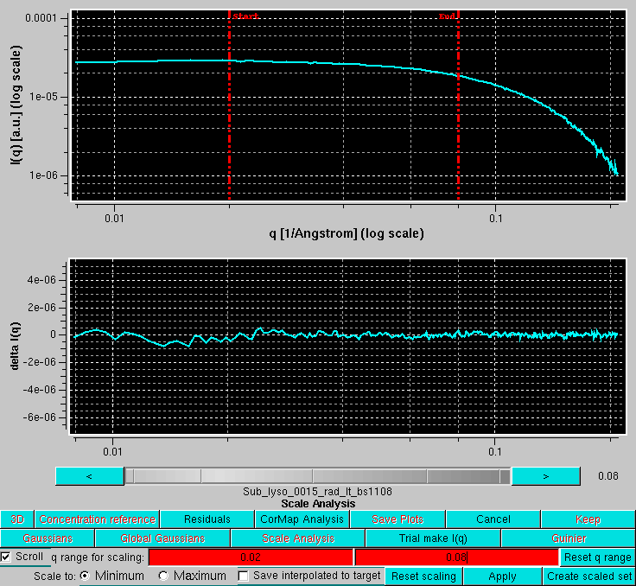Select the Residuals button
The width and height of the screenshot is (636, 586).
point(207,519)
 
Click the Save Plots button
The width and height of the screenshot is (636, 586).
point(397,519)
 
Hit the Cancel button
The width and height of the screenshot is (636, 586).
point(493,519)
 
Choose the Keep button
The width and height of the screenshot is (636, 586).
point(588,519)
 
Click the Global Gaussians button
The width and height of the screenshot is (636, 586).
point(162,538)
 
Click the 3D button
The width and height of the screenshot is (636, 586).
point(17,519)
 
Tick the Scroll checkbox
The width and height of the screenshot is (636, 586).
point(7,557)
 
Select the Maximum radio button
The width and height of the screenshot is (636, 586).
point(163,576)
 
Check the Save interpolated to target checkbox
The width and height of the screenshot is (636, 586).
point(244,576)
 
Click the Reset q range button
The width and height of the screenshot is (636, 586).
point(597,557)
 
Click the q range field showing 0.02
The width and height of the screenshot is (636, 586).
point(251,557)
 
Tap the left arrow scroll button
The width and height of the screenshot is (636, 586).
point(89,476)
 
